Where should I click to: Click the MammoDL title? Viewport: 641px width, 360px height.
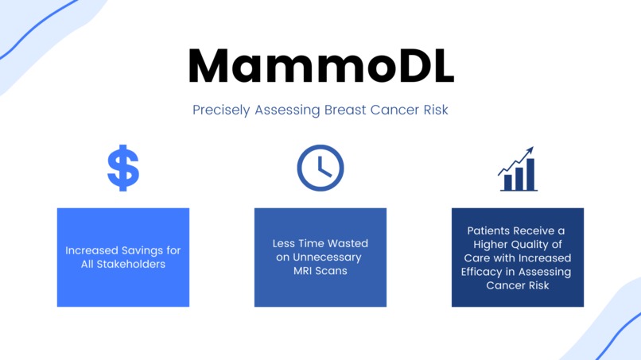[320, 67]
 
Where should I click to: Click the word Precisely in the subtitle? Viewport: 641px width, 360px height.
[221, 110]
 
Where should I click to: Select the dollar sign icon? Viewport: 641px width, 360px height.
[123, 168]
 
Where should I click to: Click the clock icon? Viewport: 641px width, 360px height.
[320, 168]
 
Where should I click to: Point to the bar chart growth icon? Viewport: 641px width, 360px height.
[518, 169]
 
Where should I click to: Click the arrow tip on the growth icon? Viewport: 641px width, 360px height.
[530, 150]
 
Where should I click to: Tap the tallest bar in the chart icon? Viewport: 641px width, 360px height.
[530, 175]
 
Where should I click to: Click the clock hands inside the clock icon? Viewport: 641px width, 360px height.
[322, 168]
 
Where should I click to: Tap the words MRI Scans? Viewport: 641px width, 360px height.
[320, 270]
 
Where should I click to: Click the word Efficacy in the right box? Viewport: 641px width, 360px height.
[482, 271]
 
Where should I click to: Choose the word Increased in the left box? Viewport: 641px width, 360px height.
[91, 250]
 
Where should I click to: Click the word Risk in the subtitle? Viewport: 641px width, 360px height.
[434, 110]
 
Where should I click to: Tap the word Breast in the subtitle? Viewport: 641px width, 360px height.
[344, 110]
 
